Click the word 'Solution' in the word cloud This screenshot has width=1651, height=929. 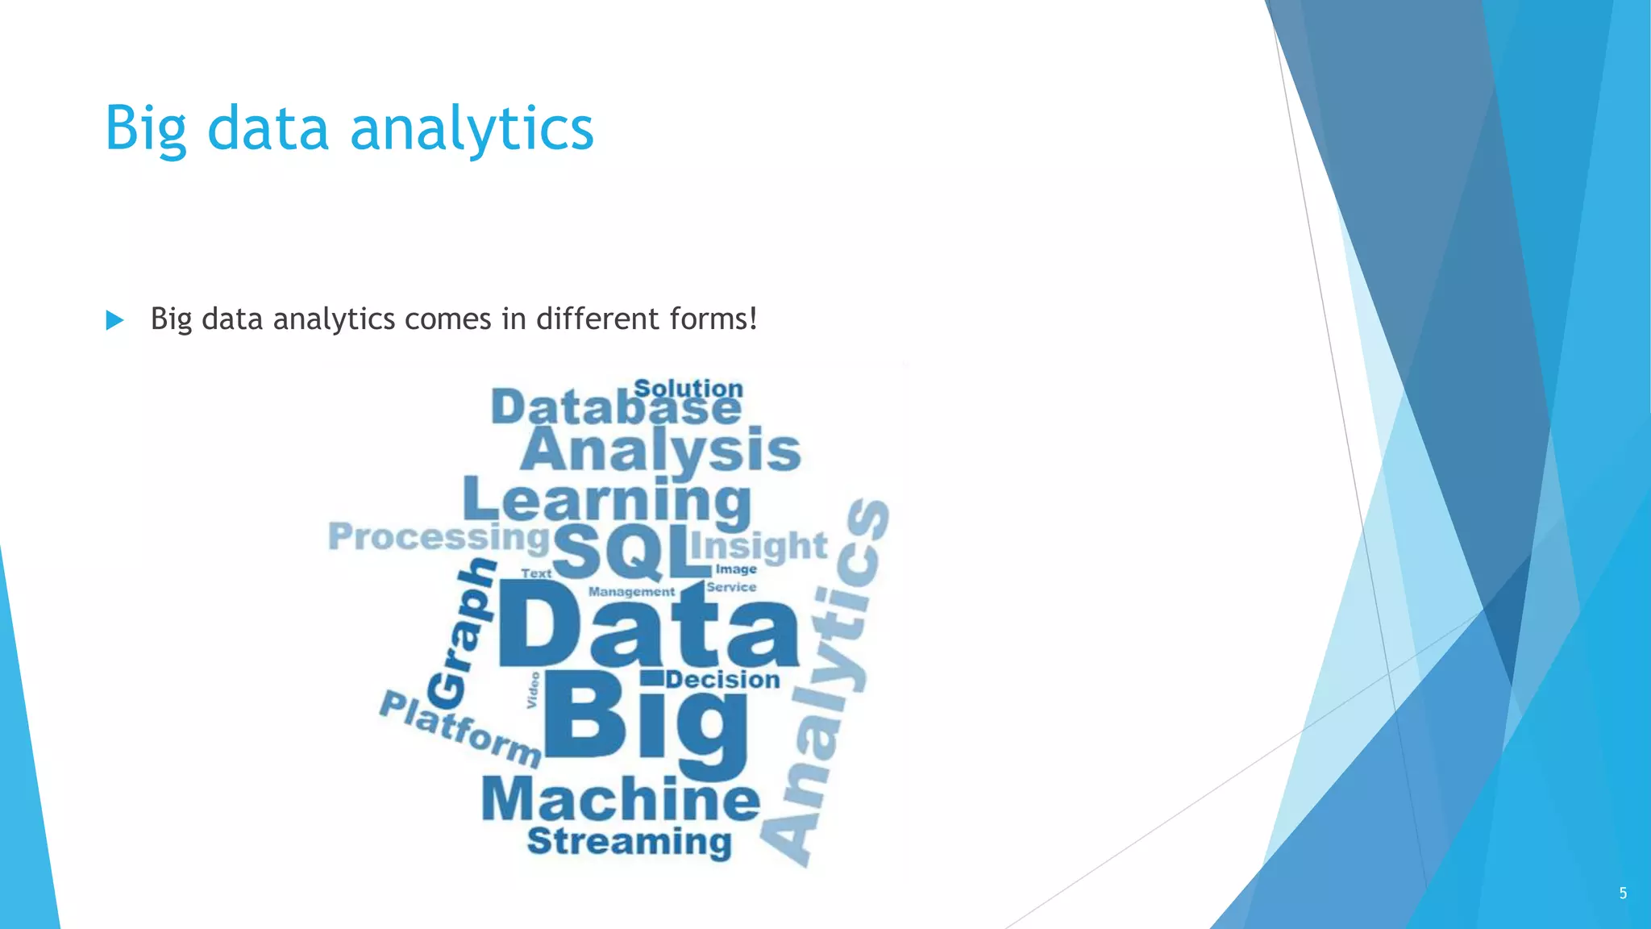(688, 388)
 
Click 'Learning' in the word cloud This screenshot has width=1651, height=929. (607, 500)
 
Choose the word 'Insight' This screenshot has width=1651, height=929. (759, 546)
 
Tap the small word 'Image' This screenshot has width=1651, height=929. (736, 569)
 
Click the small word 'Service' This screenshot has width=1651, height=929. (731, 587)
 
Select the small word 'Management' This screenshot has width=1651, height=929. (631, 592)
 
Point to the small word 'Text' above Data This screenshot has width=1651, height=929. (536, 573)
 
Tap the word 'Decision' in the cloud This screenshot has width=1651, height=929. (723, 680)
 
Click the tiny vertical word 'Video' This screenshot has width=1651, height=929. (533, 690)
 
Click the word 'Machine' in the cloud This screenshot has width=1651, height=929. (621, 799)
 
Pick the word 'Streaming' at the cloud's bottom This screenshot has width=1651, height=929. (629, 841)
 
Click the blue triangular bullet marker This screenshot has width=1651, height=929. (114, 320)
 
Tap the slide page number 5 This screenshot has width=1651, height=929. (1623, 893)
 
